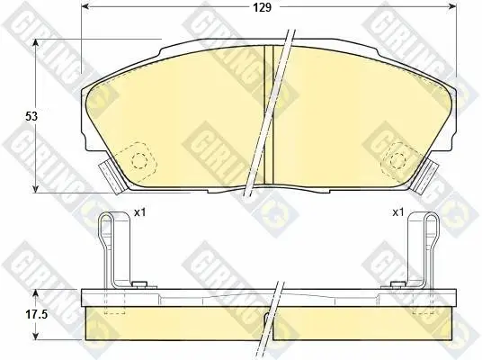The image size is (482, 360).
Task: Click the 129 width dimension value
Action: coord(263,7)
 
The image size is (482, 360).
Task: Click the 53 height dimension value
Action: coord(31,116)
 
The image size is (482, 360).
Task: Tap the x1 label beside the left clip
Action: coord(139,212)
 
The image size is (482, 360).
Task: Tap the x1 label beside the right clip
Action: coord(397,212)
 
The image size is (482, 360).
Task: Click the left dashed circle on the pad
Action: coord(139,160)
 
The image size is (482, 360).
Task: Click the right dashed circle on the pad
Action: coord(397,159)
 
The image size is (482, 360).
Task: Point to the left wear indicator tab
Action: coord(112,178)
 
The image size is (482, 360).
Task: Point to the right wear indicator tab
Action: coord(425,177)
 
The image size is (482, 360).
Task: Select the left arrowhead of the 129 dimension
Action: coord(85,7)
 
